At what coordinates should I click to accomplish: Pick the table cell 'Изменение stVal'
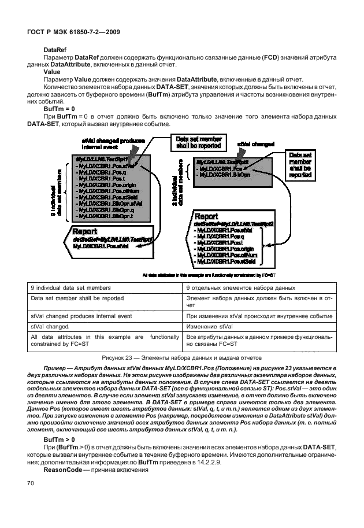point(209,327)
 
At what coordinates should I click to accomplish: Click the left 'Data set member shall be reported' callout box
point(194,142)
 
